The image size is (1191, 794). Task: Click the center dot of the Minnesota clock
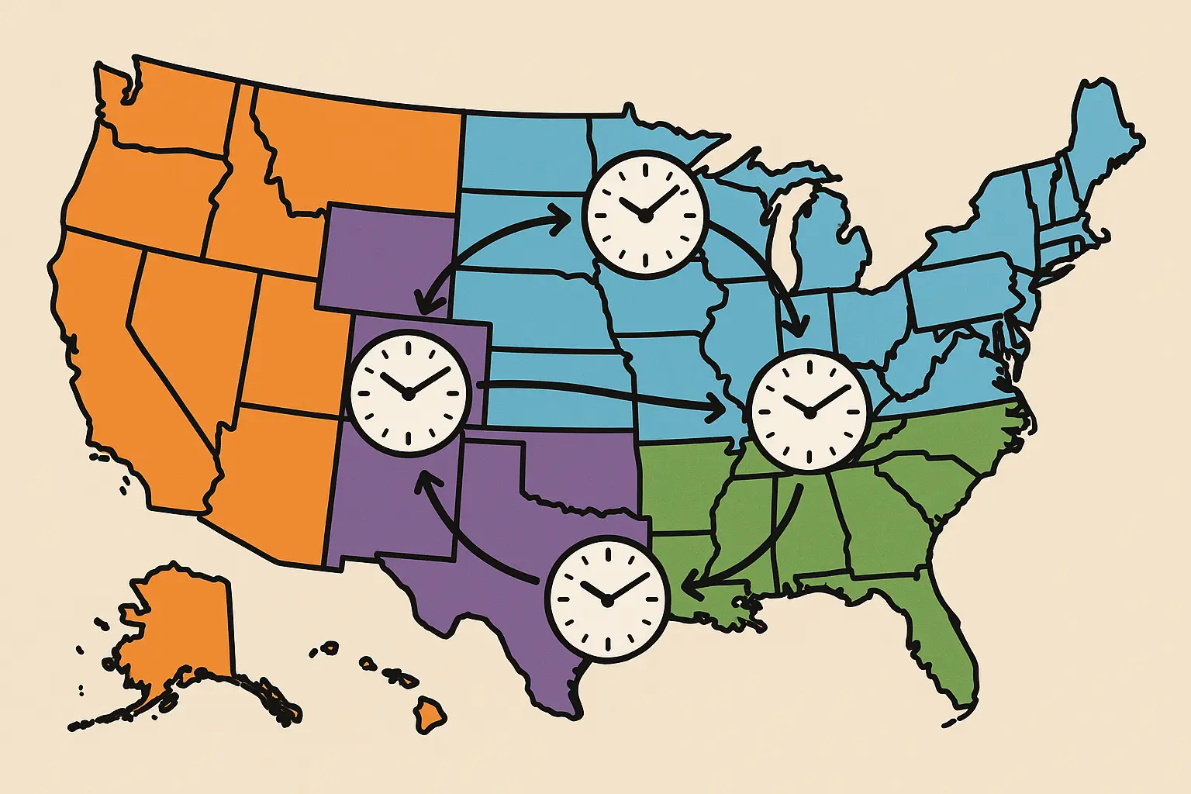click(644, 218)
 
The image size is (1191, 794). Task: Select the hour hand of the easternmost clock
click(797, 405)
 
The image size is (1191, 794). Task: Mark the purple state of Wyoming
click(388, 256)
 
